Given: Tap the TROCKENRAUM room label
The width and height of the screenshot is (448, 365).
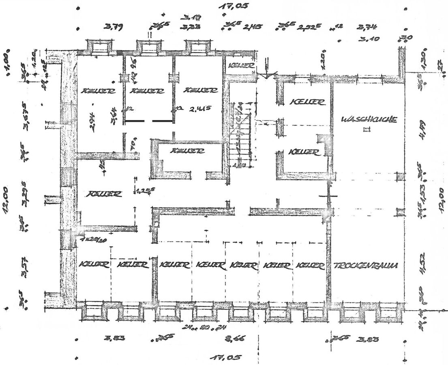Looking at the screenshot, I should click(365, 266).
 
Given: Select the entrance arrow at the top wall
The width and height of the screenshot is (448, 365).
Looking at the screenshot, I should click(266, 69).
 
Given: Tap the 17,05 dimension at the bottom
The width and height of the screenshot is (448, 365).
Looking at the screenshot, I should click(226, 357).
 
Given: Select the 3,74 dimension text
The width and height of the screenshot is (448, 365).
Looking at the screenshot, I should click(368, 28).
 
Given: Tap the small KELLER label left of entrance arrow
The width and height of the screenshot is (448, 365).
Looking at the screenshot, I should click(241, 65).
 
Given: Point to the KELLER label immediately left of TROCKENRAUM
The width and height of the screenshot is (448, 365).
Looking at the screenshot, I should click(311, 266).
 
